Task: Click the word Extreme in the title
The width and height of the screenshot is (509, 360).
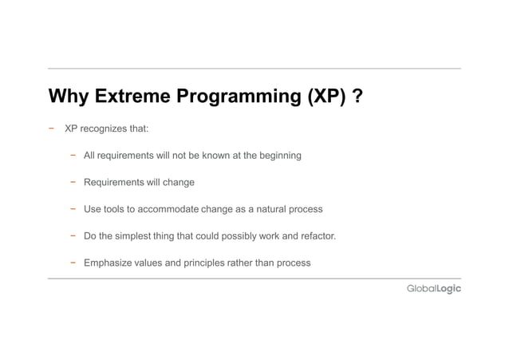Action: point(130,97)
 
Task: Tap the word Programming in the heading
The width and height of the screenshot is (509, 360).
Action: point(240,97)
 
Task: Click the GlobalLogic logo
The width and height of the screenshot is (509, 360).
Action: point(434,289)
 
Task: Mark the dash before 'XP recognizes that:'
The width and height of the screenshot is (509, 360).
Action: point(51,128)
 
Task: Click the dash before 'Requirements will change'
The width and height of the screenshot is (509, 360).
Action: point(72,182)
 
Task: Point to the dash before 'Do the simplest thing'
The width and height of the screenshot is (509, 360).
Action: point(72,236)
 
